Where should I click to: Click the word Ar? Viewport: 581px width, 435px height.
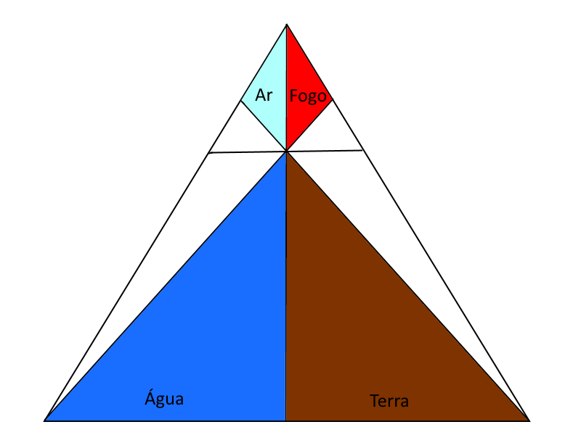(264, 94)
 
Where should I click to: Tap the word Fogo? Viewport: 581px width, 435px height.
(308, 96)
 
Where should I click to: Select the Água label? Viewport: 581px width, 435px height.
(164, 398)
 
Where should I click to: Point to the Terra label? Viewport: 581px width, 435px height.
(389, 401)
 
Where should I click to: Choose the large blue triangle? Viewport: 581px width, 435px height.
(218, 326)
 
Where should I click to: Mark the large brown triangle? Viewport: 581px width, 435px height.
(356, 326)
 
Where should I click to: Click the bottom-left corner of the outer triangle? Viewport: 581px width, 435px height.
(45, 420)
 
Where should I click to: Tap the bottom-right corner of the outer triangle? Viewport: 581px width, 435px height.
(529, 420)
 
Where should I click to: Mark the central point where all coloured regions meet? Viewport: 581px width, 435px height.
(287, 152)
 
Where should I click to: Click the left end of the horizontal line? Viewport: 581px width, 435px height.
(209, 153)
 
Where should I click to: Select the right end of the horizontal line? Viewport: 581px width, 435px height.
(363, 150)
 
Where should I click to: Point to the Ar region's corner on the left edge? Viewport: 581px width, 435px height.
(241, 101)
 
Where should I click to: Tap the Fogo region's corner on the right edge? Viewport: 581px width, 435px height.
(333, 100)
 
